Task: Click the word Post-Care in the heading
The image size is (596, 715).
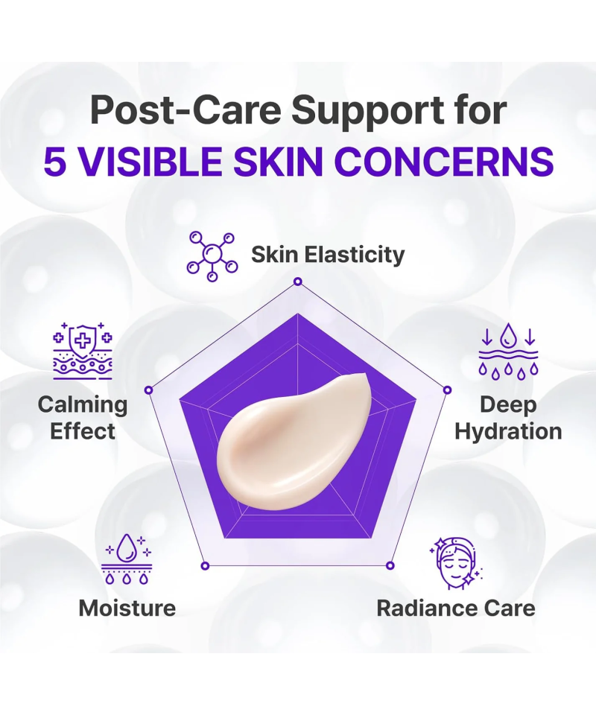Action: pyautogui.click(x=186, y=110)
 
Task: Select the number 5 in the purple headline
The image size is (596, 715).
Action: pyautogui.click(x=54, y=162)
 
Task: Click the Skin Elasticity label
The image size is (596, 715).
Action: pyautogui.click(x=328, y=255)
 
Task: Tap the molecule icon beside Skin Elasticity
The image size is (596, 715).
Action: pyautogui.click(x=212, y=255)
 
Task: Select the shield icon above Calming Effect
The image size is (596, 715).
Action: pyautogui.click(x=83, y=351)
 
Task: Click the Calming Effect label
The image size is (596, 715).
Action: pyautogui.click(x=83, y=418)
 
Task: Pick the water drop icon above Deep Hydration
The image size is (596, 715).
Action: pyautogui.click(x=508, y=351)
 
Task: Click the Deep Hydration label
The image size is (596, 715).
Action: pyautogui.click(x=508, y=418)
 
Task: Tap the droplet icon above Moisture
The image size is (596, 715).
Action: pyautogui.click(x=127, y=559)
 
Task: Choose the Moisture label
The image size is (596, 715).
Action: pyautogui.click(x=127, y=608)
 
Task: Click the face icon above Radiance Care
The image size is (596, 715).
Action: pyautogui.click(x=456, y=563)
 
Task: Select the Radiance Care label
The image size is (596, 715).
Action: pyautogui.click(x=456, y=608)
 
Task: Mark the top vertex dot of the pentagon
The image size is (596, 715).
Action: pyautogui.click(x=298, y=282)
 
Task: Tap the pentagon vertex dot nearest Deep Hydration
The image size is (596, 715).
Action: pyautogui.click(x=447, y=390)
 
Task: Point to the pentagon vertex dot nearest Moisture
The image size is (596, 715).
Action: pyautogui.click(x=205, y=566)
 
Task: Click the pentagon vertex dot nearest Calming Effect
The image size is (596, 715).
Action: pyautogui.click(x=148, y=390)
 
